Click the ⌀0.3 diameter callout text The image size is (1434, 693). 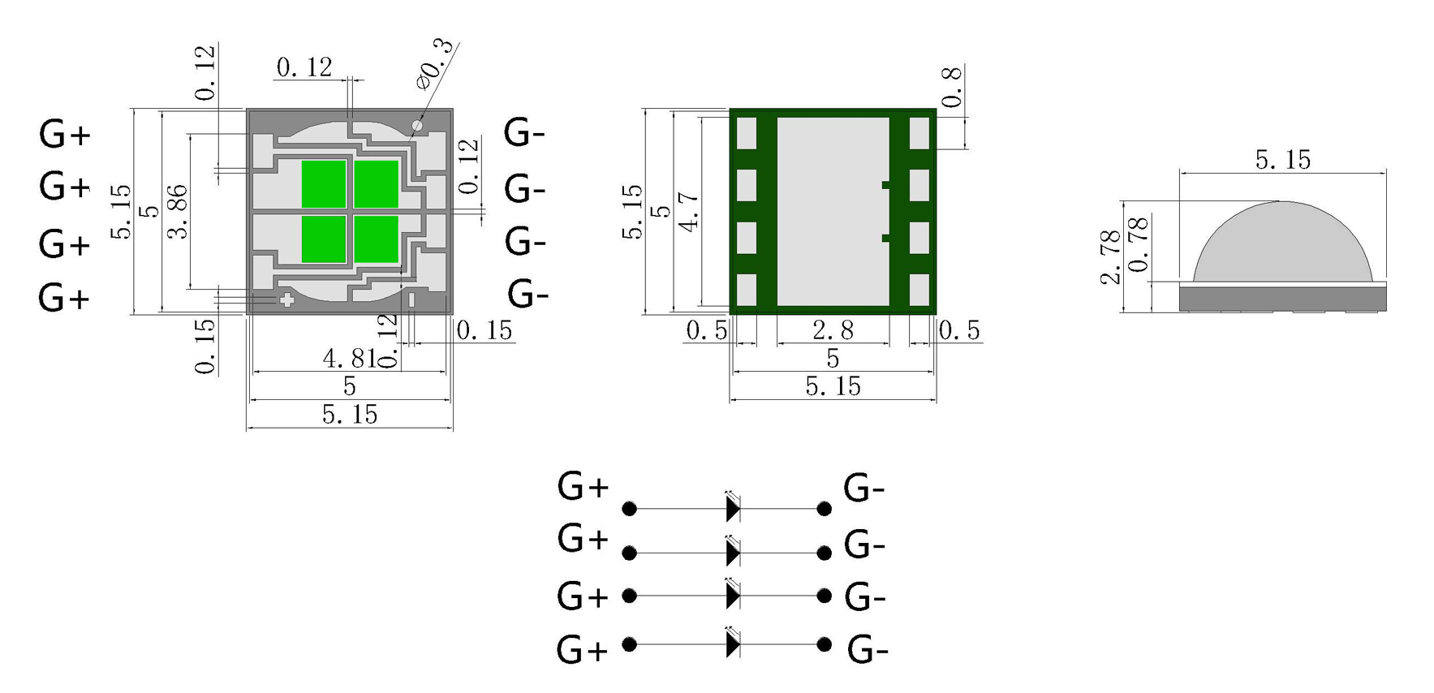[436, 65]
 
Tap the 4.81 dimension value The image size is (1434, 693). [347, 358]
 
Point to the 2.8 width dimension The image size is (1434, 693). [833, 330]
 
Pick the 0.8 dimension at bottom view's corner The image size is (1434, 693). [952, 88]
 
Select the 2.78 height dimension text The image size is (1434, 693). [1110, 257]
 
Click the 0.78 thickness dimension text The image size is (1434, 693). [1139, 243]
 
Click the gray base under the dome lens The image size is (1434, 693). [1282, 299]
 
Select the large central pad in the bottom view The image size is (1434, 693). [833, 212]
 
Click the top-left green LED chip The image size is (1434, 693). [323, 184]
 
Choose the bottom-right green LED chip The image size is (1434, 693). [377, 239]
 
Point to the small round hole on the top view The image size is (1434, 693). [418, 126]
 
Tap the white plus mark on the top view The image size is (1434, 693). [286, 300]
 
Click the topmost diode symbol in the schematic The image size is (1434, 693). [733, 509]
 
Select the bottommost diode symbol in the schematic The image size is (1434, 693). [733, 645]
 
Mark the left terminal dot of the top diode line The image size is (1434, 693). [629, 509]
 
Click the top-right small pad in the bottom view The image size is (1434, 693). [919, 133]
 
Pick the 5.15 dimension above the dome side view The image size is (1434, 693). [1282, 160]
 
